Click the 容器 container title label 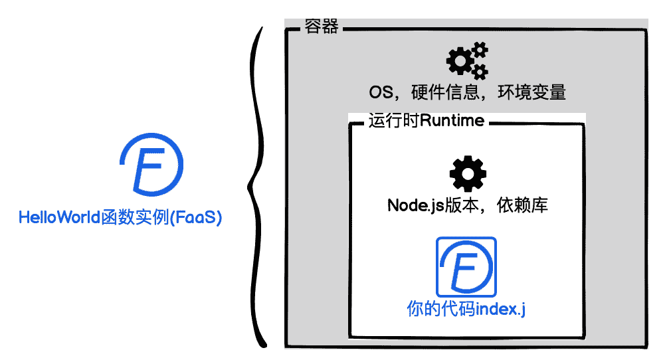tap(322, 27)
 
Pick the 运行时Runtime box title tap(426, 122)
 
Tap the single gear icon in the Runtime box tap(467, 175)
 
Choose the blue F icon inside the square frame tap(466, 267)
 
